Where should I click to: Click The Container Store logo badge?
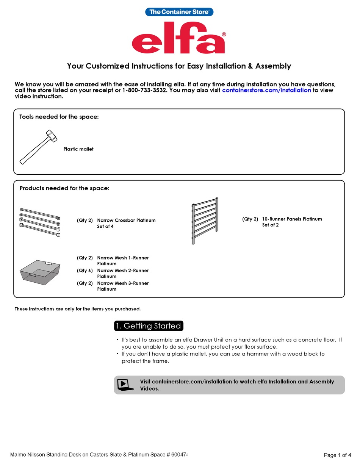tap(179, 12)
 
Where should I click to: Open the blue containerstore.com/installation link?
tap(266, 90)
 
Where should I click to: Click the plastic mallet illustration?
tap(38, 147)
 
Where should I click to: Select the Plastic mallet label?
tap(78, 149)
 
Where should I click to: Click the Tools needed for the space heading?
tap(59, 117)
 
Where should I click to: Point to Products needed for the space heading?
tap(64, 188)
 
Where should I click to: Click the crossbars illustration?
tap(40, 222)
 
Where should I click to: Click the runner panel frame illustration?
tap(205, 221)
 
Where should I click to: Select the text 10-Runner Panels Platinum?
tap(292, 219)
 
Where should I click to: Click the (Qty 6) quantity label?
tap(85, 271)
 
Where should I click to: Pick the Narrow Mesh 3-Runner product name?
tap(123, 283)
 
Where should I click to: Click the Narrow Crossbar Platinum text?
tap(126, 220)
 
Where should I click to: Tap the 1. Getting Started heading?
tap(149, 326)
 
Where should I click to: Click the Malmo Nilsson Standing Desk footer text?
tap(99, 454)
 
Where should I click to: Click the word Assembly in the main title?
tap(273, 66)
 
